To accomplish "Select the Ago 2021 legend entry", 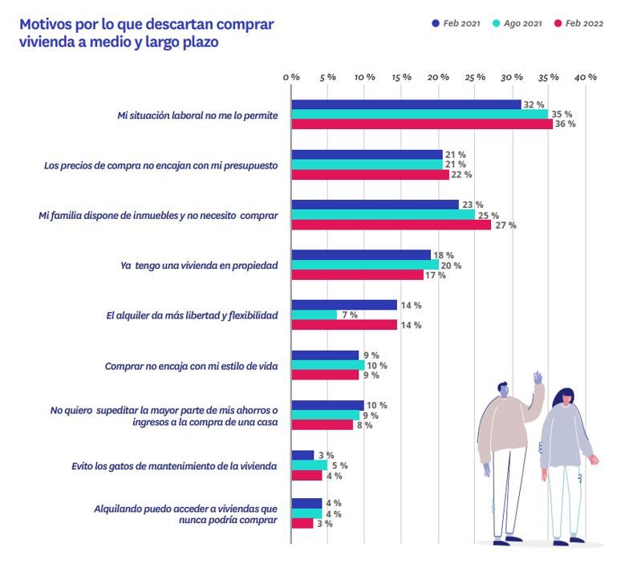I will point(517,23).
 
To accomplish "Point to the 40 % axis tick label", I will point(586,77).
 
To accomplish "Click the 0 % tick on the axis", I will point(291,77).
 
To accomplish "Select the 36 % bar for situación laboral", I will point(421,124).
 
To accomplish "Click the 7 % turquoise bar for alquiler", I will point(314,315).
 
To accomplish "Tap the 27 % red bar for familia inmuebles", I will point(391,225).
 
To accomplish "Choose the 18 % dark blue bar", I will point(361,255).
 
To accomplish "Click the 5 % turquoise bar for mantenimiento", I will point(309,465).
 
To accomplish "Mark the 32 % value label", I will point(534,105).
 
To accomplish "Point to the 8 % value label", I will point(364,425).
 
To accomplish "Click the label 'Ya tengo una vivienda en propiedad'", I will point(199,266).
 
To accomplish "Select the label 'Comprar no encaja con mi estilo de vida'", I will point(191,366).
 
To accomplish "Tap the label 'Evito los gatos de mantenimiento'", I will point(185,466).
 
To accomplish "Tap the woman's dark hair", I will point(566,398).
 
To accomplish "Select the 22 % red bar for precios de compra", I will point(370,175).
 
